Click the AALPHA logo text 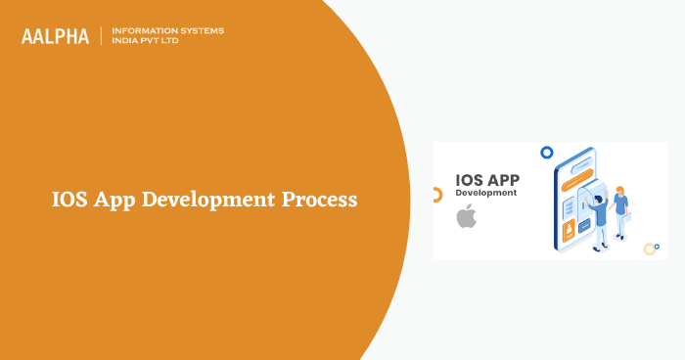point(55,36)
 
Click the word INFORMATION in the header point(145,30)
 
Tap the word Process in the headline point(319,200)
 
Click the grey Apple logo point(466,216)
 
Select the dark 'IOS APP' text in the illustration point(486,180)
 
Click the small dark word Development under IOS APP point(486,194)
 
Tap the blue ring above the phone point(546,152)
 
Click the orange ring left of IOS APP point(436,195)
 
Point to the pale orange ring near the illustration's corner point(650,248)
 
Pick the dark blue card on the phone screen point(584,225)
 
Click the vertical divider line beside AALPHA point(102,36)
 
